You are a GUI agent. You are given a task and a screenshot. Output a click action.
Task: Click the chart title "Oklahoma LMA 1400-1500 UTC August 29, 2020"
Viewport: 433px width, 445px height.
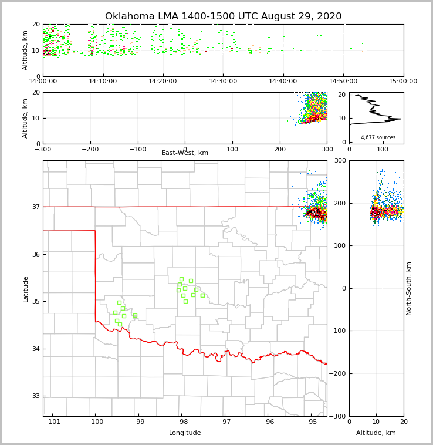(x=223, y=16)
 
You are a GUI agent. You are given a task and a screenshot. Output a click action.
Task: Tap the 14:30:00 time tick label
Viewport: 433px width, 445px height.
(x=224, y=81)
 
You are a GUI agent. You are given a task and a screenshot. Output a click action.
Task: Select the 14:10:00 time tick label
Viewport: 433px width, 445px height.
(x=103, y=81)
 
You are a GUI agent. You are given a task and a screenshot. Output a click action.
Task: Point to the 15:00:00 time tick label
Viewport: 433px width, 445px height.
(x=403, y=81)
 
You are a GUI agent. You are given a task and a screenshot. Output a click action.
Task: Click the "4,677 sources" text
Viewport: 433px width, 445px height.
(x=378, y=137)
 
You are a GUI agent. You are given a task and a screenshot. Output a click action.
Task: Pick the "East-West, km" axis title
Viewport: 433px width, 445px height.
(x=185, y=153)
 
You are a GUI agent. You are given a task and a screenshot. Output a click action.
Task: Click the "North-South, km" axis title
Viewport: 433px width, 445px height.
(x=409, y=288)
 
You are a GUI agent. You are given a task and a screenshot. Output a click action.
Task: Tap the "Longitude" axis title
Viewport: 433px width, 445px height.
(x=185, y=433)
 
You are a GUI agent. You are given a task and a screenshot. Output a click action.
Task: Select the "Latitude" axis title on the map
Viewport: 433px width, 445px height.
(x=25, y=289)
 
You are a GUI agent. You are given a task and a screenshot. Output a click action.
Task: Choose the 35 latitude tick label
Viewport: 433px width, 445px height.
(x=36, y=301)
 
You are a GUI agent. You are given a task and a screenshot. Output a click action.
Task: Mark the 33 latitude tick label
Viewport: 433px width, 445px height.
(x=36, y=396)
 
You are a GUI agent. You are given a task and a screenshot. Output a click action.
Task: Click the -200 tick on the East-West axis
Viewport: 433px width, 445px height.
(x=90, y=149)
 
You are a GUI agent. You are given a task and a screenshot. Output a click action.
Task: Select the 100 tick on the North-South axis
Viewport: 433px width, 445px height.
(x=340, y=245)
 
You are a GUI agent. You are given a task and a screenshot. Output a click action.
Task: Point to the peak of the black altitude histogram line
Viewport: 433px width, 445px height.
(x=401, y=119)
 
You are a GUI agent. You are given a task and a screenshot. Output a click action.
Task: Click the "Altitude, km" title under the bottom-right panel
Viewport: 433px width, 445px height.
(x=376, y=433)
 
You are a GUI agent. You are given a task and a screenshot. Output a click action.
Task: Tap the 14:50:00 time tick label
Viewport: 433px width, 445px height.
(x=343, y=81)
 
